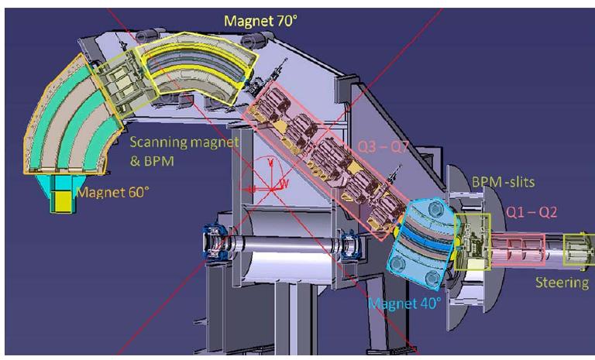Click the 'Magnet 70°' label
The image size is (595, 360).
260,21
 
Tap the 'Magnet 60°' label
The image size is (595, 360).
112,192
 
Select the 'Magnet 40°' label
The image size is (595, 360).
405,303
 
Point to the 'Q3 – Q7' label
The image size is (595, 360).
382,147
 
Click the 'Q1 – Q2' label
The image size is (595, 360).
531,212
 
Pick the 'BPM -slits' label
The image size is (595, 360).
503,182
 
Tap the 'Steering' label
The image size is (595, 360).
562,283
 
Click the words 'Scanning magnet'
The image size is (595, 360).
184,142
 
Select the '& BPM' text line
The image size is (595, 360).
152,161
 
